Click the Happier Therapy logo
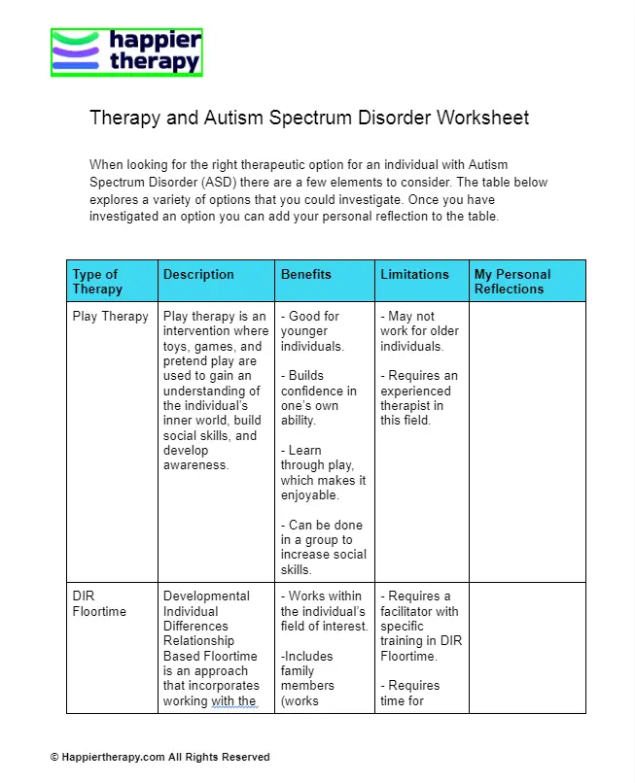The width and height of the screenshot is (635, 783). [126, 52]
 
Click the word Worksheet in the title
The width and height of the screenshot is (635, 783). [483, 119]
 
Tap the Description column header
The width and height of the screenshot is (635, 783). [198, 275]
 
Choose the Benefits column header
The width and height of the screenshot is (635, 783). [305, 275]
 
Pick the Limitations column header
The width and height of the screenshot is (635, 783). [414, 275]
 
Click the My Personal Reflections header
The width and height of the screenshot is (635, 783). [512, 281]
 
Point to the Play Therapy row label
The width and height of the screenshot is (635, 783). [110, 316]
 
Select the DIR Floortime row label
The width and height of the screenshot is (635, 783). [99, 603]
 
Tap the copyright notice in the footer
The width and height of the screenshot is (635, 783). [160, 757]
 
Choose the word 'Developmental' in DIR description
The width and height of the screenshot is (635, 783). [206, 596]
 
